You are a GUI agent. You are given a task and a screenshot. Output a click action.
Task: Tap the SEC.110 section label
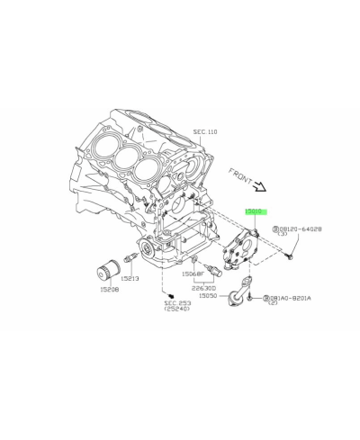coord(205,131)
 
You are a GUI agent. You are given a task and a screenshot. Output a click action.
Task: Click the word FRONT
coord(243,178)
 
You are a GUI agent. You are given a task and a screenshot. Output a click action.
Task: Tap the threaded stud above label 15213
coord(131,260)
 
